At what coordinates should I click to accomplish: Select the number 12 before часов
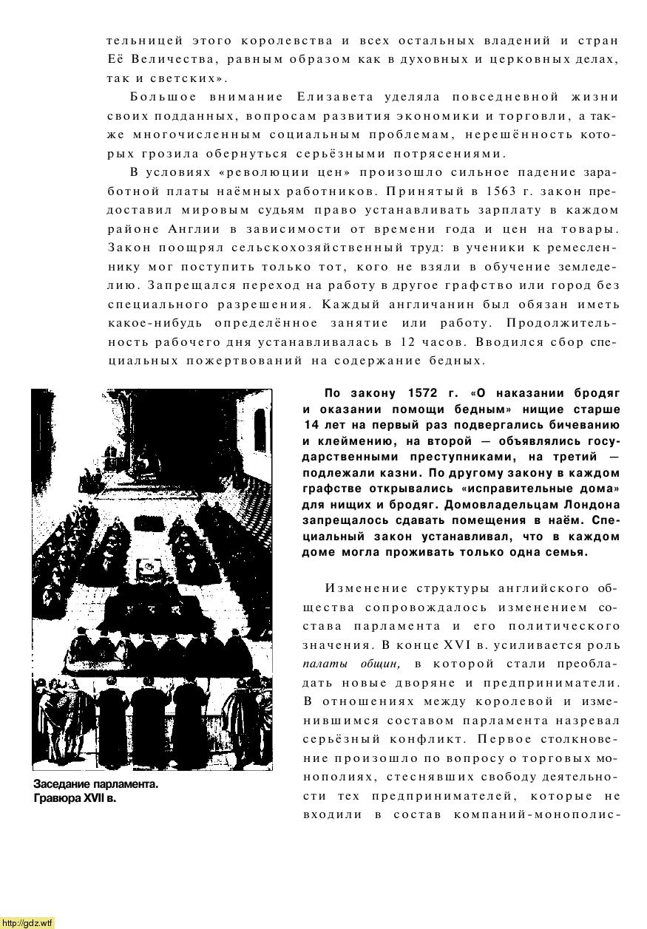pos(413,342)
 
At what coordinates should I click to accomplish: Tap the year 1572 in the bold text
pos(424,392)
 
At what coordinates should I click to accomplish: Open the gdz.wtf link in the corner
pos(27,922)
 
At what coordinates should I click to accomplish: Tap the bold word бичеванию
pos(583,425)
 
